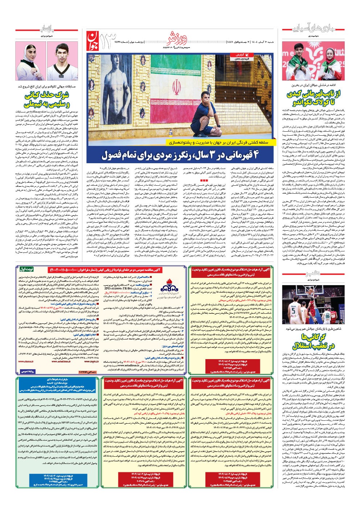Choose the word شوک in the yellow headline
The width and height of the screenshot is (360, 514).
(61, 96)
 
